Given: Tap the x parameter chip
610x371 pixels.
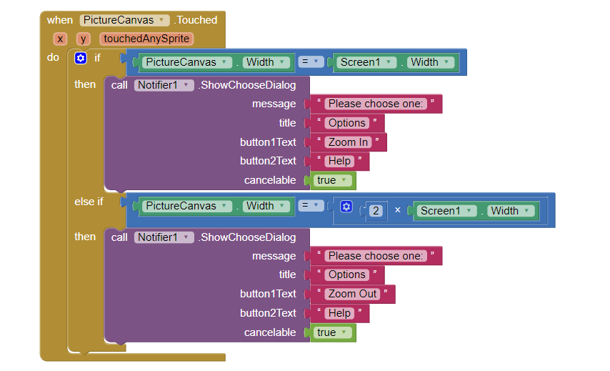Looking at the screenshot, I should [x=60, y=39].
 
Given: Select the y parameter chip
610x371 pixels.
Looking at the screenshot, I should [x=84, y=39].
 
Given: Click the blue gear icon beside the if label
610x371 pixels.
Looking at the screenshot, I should [x=81, y=58].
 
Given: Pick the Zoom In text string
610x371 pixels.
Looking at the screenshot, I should [x=348, y=142].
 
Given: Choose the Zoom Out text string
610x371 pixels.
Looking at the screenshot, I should [x=352, y=294].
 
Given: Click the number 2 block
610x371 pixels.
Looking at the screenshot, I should [x=376, y=211].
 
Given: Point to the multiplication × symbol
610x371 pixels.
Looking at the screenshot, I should [x=398, y=211].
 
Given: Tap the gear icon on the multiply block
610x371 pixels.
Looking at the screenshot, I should [x=346, y=207].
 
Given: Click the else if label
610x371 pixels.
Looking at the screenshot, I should [x=89, y=202].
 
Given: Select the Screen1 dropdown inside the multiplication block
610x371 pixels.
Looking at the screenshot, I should [x=446, y=211].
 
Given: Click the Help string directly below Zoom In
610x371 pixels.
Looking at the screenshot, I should [x=339, y=161].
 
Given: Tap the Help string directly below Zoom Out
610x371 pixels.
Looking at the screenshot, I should [x=339, y=313].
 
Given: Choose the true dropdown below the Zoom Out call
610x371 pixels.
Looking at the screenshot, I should [x=332, y=332].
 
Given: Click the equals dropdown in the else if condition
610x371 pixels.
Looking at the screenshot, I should [x=310, y=206].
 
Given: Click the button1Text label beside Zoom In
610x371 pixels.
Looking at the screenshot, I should [x=268, y=142].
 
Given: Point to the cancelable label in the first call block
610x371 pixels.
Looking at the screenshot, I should [x=270, y=180].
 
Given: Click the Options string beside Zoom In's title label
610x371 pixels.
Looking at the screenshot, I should [x=347, y=123].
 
